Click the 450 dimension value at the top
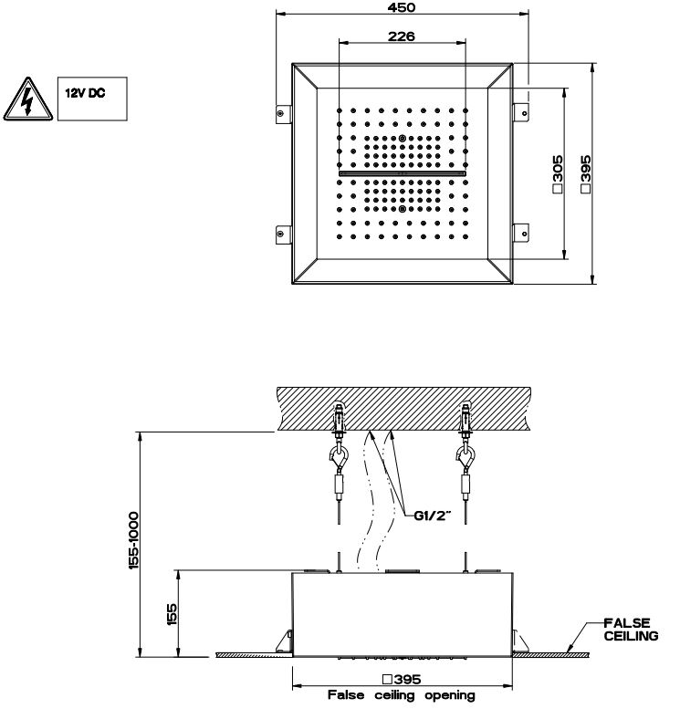pyautogui.click(x=403, y=8)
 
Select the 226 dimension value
pyautogui.click(x=403, y=36)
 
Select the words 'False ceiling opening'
pyautogui.click(x=402, y=695)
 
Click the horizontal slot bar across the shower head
pyautogui.click(x=403, y=172)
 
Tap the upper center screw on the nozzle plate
pyautogui.click(x=403, y=138)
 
